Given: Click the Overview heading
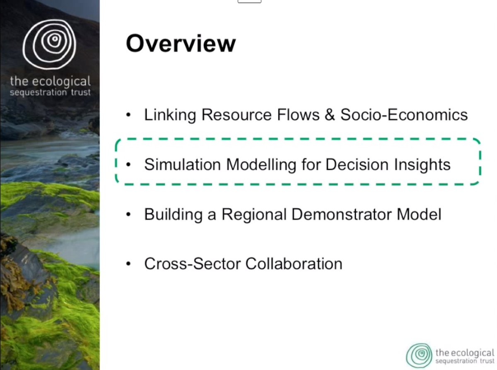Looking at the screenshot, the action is tap(181, 43).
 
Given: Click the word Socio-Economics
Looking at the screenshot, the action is tap(404, 115).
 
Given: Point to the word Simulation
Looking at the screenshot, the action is tap(183, 165).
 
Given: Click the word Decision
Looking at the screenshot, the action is tap(357, 165).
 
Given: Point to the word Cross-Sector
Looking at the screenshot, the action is tap(193, 264).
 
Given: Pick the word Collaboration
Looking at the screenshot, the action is tap(294, 264).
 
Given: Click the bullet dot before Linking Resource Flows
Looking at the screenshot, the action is tap(128, 115).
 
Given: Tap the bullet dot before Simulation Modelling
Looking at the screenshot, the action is tap(128, 165).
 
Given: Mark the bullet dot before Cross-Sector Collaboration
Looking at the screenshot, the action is tap(128, 264).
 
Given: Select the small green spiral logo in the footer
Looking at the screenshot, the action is tap(419, 356).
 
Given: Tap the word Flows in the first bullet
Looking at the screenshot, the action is tap(298, 115).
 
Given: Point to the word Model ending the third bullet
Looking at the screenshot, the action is tap(419, 214).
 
